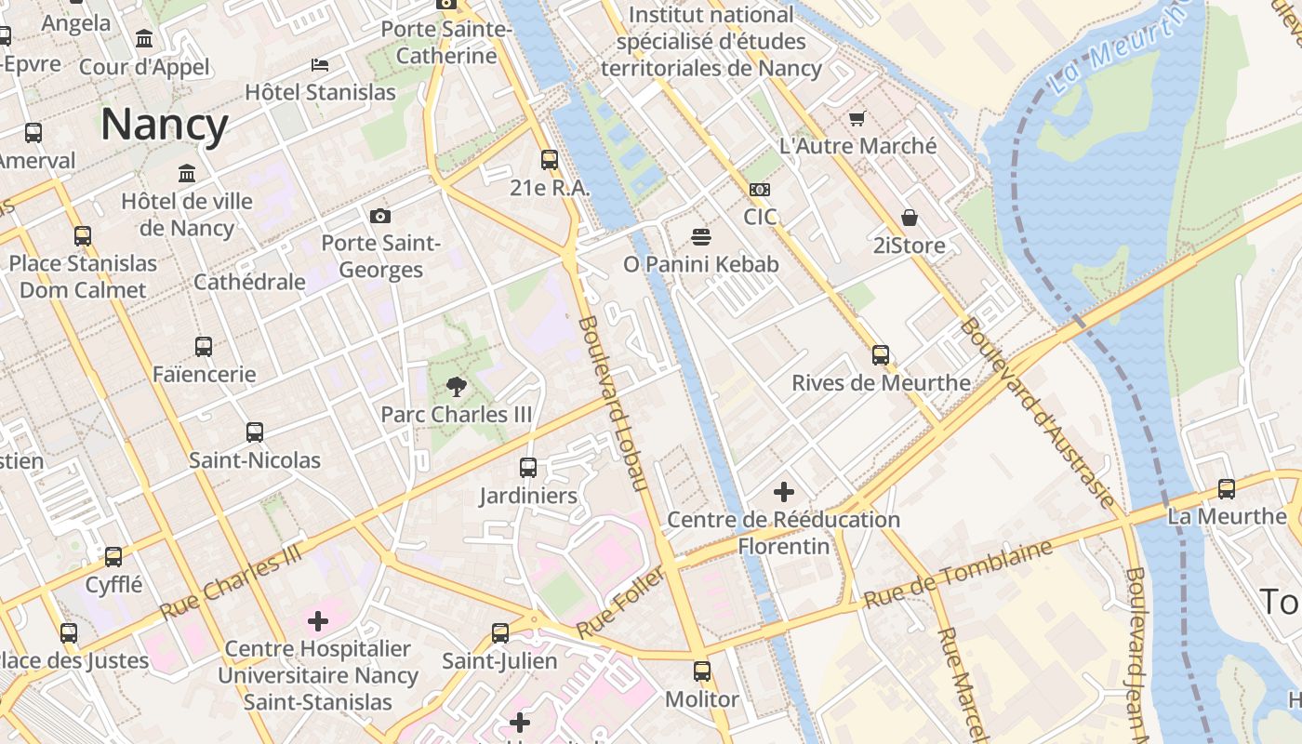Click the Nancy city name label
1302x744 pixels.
point(164,124)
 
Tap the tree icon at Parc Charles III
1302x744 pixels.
point(456,386)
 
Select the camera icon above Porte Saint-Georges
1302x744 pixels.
point(379,217)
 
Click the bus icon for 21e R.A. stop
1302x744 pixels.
point(550,160)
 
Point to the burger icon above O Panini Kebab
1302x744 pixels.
point(700,236)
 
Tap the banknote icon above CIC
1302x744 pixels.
point(759,190)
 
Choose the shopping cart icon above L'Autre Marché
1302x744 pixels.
point(857,118)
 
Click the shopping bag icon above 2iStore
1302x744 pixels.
point(909,218)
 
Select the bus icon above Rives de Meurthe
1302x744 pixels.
point(880,354)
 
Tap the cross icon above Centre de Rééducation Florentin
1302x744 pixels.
point(784,491)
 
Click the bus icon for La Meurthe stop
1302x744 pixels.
point(1227,488)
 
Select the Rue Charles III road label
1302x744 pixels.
point(232,582)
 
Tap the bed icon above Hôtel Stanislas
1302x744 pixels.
point(320,64)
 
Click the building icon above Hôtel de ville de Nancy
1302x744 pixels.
point(187,174)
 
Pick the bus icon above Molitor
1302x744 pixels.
point(702,671)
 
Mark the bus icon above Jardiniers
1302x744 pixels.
point(528,467)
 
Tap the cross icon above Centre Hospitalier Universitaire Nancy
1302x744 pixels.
point(318,620)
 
